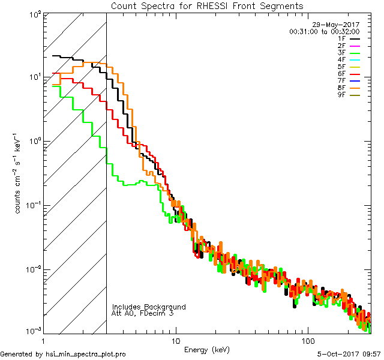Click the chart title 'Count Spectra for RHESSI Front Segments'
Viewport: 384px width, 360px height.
[x=207, y=5]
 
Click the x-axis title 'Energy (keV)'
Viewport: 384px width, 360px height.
[x=207, y=349]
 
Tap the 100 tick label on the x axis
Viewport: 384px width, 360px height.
[x=308, y=340]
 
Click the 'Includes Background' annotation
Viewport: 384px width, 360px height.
[x=149, y=307]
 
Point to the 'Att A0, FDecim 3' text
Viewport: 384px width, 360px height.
[x=143, y=313]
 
